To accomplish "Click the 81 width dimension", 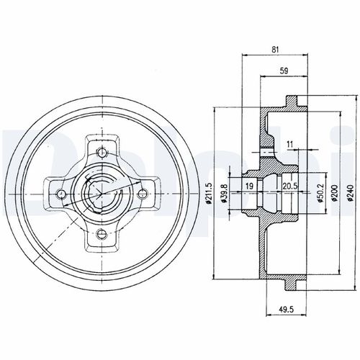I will pos(277,49).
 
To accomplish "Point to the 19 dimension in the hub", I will pos(249,186).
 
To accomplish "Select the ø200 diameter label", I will pos(334,191).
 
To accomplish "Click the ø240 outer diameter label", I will pos(351,191).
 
